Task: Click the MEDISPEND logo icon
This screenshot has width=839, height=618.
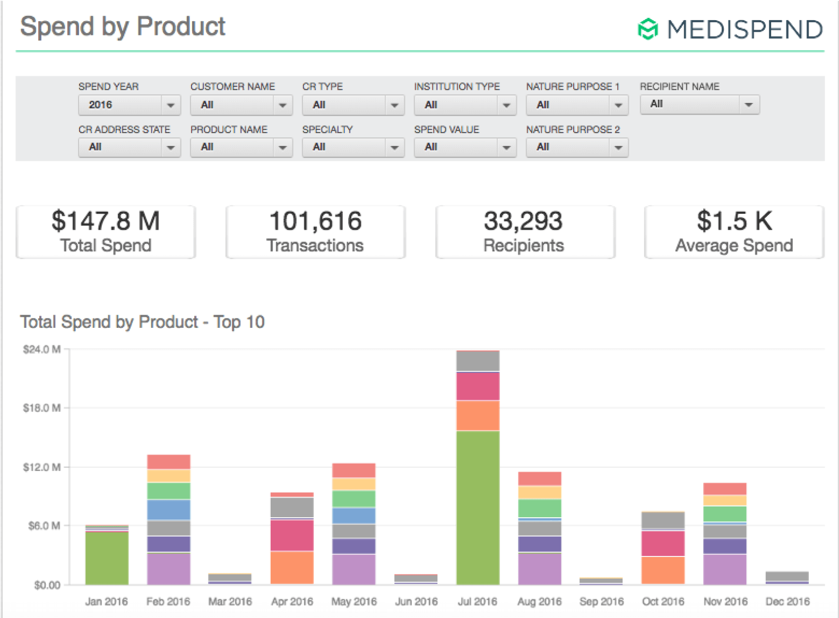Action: click(647, 29)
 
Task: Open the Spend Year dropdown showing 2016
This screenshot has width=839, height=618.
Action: click(129, 105)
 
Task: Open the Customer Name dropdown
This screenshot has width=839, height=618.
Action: click(241, 105)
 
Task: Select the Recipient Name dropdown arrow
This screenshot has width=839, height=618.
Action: click(748, 105)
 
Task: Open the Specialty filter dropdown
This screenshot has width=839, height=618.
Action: click(353, 147)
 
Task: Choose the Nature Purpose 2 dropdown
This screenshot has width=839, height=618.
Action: click(577, 147)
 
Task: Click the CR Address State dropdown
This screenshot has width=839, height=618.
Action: click(129, 147)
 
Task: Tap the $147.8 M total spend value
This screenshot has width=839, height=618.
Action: click(106, 221)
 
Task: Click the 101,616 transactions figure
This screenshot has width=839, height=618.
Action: click(315, 221)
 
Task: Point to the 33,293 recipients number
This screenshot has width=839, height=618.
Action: click(523, 221)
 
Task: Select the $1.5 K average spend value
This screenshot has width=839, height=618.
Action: click(734, 221)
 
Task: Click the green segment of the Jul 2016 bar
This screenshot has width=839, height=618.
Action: click(478, 507)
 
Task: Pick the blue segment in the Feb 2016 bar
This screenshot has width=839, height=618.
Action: click(169, 509)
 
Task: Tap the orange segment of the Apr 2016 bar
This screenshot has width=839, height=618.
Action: click(292, 567)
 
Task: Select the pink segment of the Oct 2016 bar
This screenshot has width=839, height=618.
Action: click(663, 543)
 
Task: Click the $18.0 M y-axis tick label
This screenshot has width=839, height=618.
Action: click(41, 408)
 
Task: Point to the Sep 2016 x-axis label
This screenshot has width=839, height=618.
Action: click(601, 602)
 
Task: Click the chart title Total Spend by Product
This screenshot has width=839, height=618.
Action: click(142, 321)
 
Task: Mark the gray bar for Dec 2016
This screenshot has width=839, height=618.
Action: click(787, 576)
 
